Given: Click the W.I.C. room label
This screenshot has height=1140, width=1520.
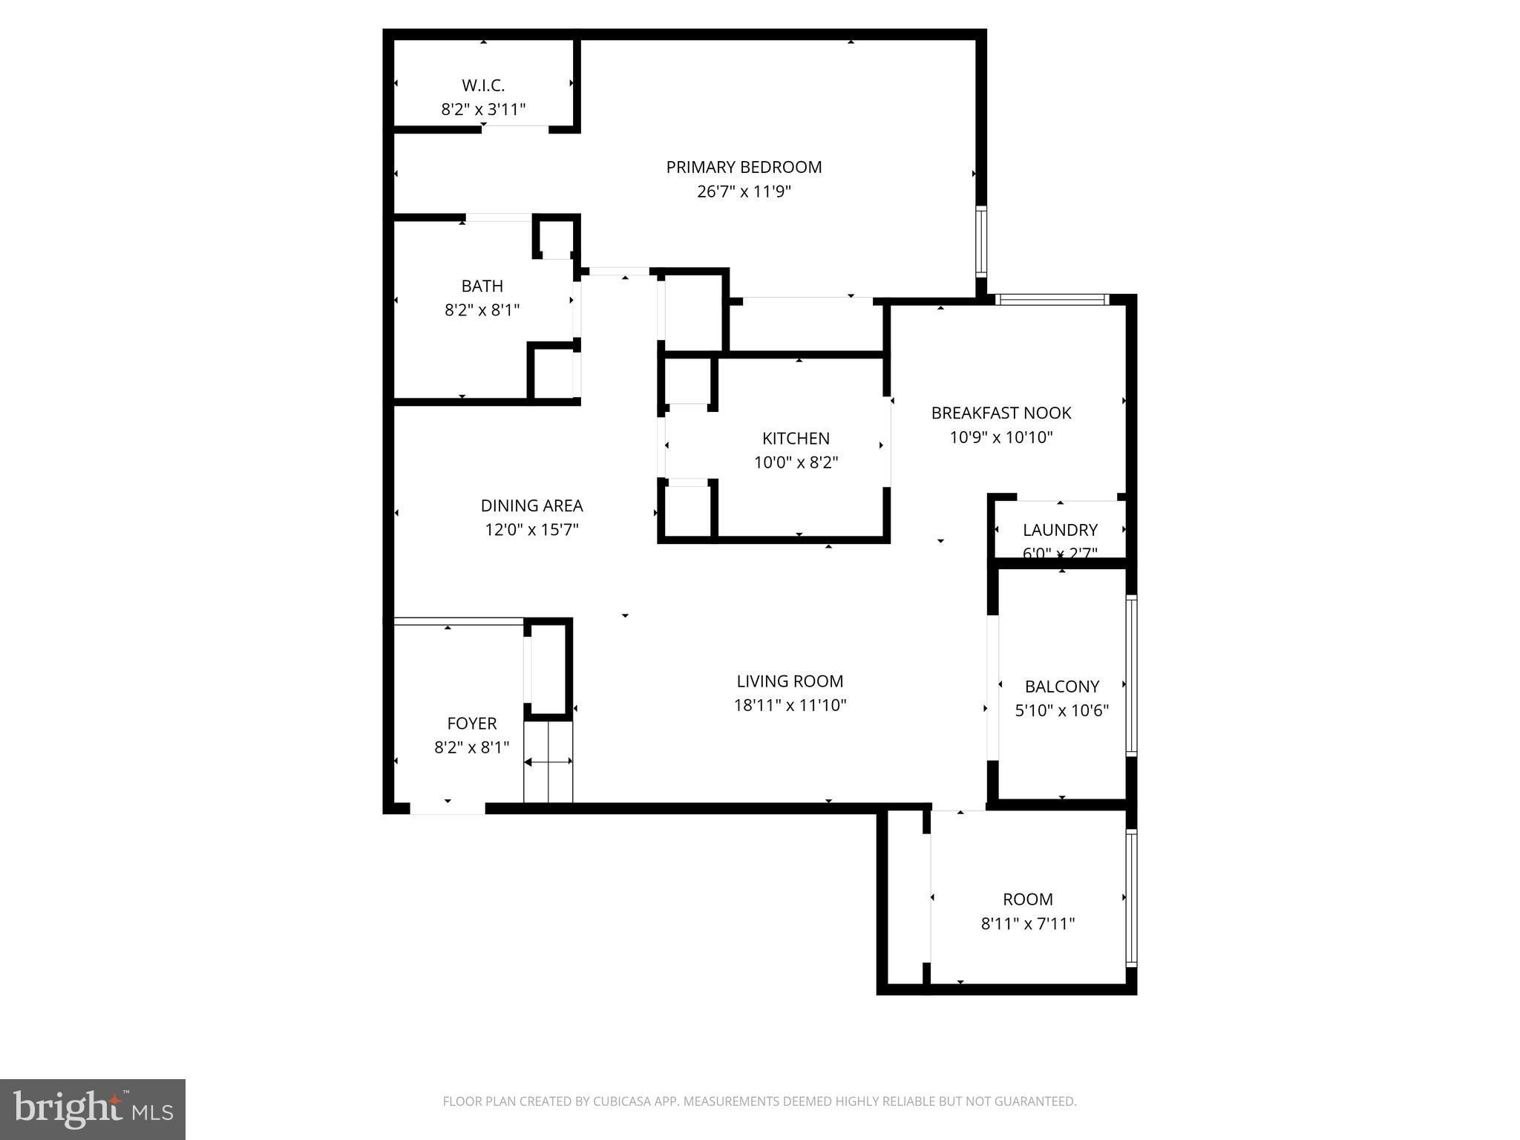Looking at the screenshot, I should coord(483,85).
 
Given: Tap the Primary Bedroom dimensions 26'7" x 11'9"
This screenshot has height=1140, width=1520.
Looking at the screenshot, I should coord(744,191).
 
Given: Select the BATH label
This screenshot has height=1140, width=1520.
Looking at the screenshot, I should coord(482,286).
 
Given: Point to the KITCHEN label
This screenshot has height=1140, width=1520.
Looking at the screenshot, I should coord(796,439).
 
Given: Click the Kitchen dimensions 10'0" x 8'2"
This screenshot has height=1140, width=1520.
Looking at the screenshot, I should coord(796,462).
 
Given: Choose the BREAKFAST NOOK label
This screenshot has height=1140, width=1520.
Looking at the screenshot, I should coord(1001,413).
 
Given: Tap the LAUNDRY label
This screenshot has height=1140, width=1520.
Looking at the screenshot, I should coord(1060,530).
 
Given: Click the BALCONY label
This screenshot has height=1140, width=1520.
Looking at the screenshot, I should coord(1061,687).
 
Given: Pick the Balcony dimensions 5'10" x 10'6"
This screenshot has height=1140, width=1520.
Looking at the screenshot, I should coord(1061,710).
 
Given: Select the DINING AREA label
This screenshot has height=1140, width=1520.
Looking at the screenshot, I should coord(531,505).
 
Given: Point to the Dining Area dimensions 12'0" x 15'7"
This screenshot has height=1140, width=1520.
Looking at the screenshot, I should coord(531,530).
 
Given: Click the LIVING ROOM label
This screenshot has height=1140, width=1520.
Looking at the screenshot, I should coord(790,681).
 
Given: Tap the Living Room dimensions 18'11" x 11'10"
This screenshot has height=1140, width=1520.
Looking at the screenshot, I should coord(790,705).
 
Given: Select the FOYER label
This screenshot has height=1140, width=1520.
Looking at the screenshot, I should coord(471,723).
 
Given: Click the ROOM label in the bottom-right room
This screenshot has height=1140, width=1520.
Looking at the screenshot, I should coord(1027,900).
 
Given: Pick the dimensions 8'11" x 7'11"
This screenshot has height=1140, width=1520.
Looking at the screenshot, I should coord(1027,923).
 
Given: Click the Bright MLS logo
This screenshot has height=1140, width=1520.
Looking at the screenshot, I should coord(93,1110).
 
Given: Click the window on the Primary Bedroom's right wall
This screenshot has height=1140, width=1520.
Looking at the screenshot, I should coord(981,242).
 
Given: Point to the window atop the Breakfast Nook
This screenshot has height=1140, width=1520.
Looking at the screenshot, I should coord(1052,300).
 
